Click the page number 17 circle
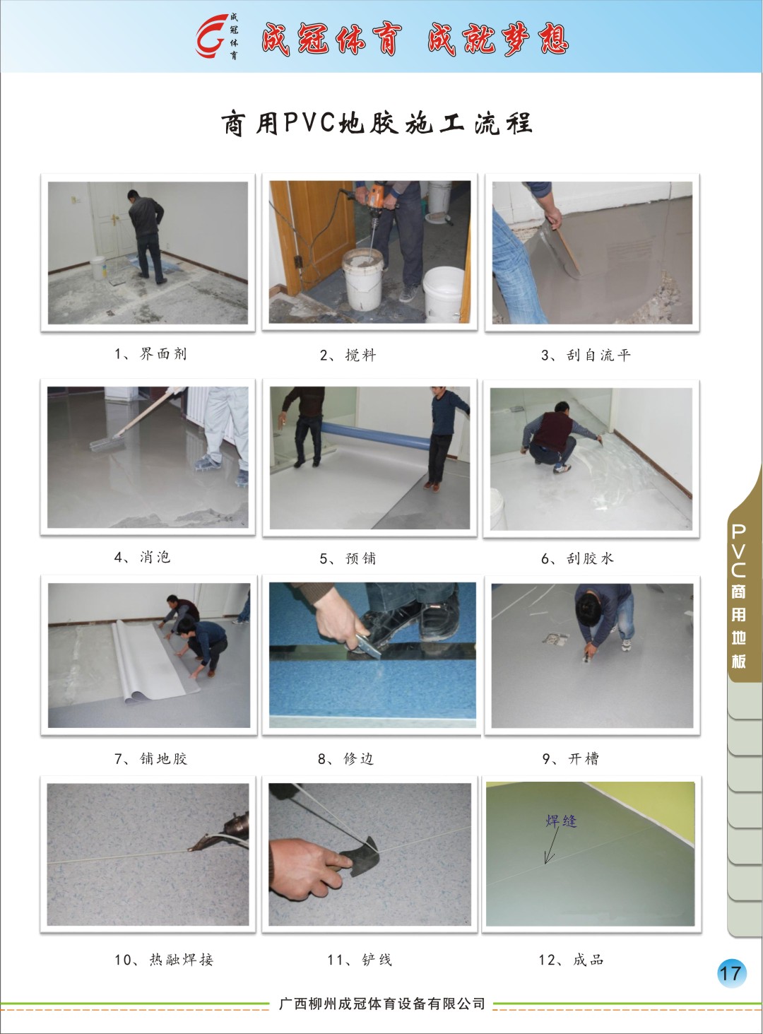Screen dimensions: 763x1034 (x=731, y=973)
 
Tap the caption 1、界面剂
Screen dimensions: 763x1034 (x=150, y=354)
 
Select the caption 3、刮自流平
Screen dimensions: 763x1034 (x=586, y=356)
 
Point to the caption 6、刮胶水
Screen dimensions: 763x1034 (x=577, y=558)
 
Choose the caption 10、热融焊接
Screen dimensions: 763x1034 (x=164, y=959)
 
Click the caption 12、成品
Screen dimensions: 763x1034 (x=571, y=959)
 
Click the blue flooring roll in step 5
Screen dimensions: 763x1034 (x=375, y=435)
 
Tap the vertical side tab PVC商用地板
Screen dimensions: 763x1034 (x=739, y=597)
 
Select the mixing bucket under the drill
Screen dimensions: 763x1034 (x=362, y=279)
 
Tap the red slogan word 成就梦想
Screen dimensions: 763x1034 (x=498, y=39)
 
